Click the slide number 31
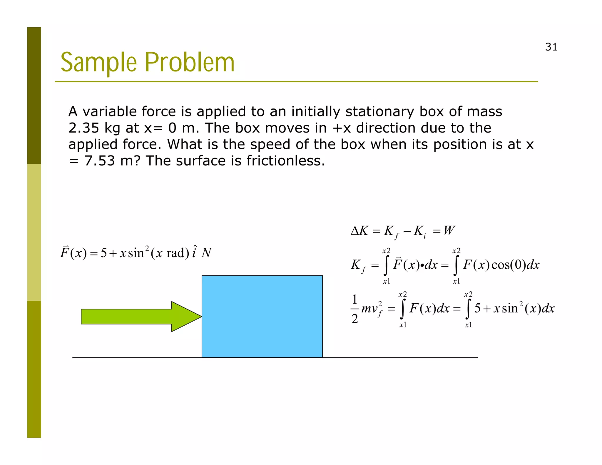point(551,47)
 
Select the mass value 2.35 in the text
point(83,128)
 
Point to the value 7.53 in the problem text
point(100,161)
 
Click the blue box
point(262,316)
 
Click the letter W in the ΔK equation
point(449,231)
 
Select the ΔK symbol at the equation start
point(359,231)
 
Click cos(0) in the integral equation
point(508,265)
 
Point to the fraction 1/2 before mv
point(355,309)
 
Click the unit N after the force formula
point(206,253)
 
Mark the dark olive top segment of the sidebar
point(34,96)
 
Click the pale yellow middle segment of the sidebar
point(34,232)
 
